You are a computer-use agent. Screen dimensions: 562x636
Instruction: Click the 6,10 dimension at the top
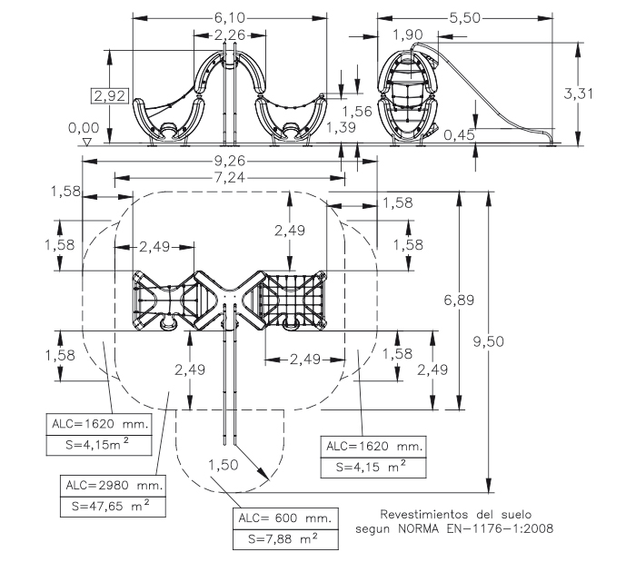pos(229,17)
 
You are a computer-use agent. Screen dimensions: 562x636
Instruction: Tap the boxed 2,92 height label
pos(115,94)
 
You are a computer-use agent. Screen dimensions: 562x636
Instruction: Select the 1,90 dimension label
pos(407,35)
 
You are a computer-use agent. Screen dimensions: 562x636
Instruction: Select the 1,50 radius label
pos(223,465)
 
